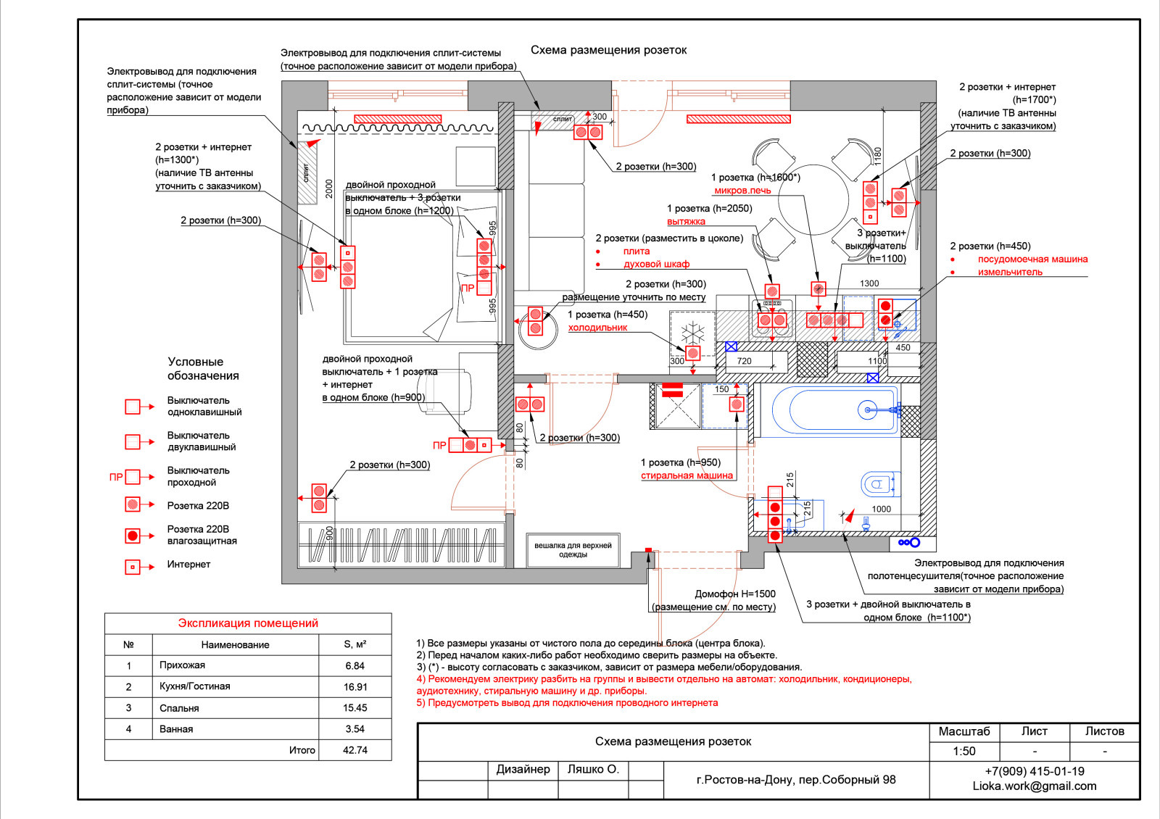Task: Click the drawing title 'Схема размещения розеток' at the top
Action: pyautogui.click(x=608, y=50)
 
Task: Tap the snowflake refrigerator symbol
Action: pyautogui.click(x=693, y=333)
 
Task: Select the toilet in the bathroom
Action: pyautogui.click(x=880, y=485)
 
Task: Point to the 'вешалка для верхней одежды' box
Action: pyautogui.click(x=573, y=550)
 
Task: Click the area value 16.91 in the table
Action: pyautogui.click(x=355, y=687)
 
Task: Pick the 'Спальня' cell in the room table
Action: pyautogui.click(x=179, y=707)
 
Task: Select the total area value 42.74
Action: pyautogui.click(x=355, y=750)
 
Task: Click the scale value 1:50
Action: pyautogui.click(x=964, y=751)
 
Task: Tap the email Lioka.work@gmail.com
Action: pyautogui.click(x=1034, y=786)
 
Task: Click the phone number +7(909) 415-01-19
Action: pyautogui.click(x=1034, y=771)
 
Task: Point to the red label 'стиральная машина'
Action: pyautogui.click(x=687, y=475)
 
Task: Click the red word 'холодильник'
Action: pyautogui.click(x=597, y=327)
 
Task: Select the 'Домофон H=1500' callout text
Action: pyautogui.click(x=735, y=594)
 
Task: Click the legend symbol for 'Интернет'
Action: pyautogui.click(x=133, y=568)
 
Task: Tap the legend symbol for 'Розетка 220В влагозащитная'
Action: pyautogui.click(x=133, y=536)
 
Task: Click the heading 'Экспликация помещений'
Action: pyautogui.click(x=248, y=623)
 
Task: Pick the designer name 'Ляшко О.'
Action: pyautogui.click(x=593, y=769)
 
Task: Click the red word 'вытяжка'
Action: pyautogui.click(x=686, y=221)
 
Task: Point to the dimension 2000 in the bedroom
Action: pyautogui.click(x=329, y=188)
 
